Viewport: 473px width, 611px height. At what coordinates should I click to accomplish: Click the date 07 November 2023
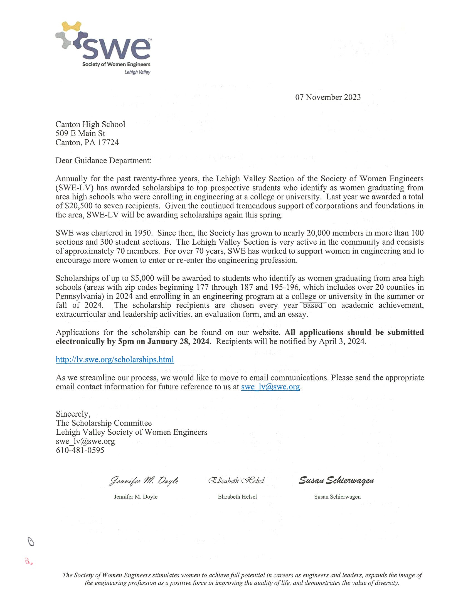(x=328, y=97)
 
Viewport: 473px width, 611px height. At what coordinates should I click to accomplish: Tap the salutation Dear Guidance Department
(x=103, y=161)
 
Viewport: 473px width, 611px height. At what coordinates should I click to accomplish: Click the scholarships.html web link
(x=115, y=359)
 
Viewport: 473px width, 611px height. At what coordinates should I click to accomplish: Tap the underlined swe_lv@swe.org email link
(x=270, y=387)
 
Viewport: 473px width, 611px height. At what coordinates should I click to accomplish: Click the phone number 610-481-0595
(x=80, y=450)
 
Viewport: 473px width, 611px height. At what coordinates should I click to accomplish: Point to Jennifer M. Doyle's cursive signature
(x=144, y=481)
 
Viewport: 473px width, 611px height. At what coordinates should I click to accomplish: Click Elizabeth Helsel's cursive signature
(x=236, y=481)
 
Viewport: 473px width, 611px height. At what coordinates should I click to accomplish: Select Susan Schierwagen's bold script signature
(x=336, y=481)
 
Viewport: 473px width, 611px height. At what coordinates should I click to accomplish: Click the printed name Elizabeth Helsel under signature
(x=237, y=497)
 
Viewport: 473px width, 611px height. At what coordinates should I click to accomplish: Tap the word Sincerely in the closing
(x=73, y=414)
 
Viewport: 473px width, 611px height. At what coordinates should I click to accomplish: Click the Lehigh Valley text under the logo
(x=137, y=72)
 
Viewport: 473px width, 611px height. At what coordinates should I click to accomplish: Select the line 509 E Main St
(x=80, y=133)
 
